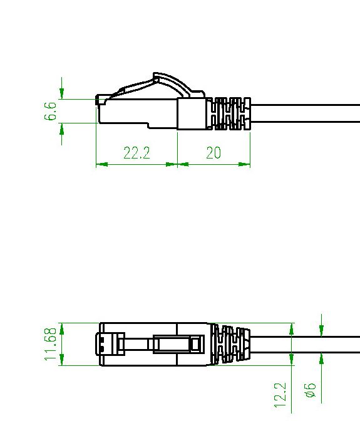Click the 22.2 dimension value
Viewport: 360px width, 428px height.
pos(136,152)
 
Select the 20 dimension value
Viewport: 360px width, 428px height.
pos(213,152)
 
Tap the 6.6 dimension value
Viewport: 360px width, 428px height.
pos(51,111)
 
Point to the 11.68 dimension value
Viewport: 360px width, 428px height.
pos(51,344)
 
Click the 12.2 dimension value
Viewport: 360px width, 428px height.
pos(280,395)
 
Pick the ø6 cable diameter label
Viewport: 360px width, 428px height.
pos(310,390)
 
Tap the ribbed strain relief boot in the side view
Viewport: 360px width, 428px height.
pos(228,113)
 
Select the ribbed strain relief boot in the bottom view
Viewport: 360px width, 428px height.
pos(230,344)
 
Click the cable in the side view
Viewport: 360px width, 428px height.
pos(305,113)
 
